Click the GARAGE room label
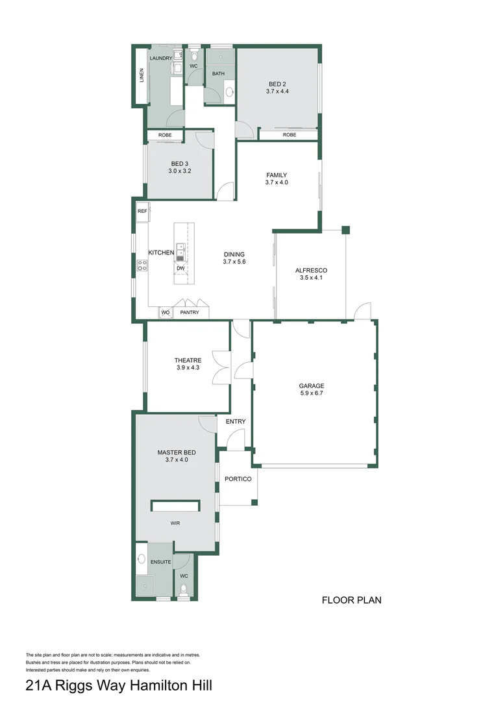(x=311, y=386)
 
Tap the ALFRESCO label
(x=311, y=271)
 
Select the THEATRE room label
(x=188, y=360)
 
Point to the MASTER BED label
(x=177, y=452)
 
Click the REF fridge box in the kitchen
(x=143, y=211)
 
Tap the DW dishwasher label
(x=180, y=268)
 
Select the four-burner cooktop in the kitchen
(x=142, y=265)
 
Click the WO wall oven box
(x=166, y=312)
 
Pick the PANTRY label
(x=190, y=312)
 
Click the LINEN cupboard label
(x=142, y=75)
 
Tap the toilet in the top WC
(x=193, y=56)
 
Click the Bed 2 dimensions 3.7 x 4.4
(x=277, y=92)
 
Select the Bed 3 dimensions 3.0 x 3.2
(x=180, y=171)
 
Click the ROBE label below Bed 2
(x=290, y=134)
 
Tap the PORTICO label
(x=238, y=479)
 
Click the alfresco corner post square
(x=345, y=230)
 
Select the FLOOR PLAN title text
(x=351, y=600)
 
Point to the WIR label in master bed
(x=175, y=523)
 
